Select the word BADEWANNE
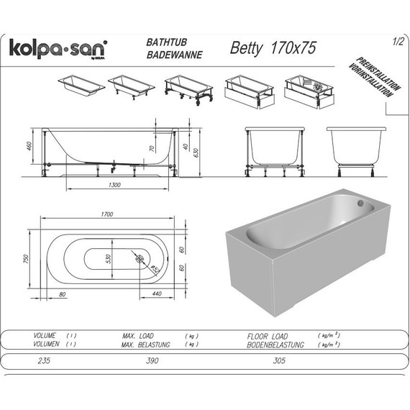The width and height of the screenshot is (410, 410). pyautogui.click(x=172, y=55)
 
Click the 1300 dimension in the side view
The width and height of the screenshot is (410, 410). pyautogui.click(x=110, y=185)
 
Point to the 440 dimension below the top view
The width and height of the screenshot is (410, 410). pyautogui.click(x=156, y=294)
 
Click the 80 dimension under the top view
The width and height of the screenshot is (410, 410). pyautogui.click(x=63, y=294)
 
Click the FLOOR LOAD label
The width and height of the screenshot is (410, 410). pyautogui.click(x=267, y=336)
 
